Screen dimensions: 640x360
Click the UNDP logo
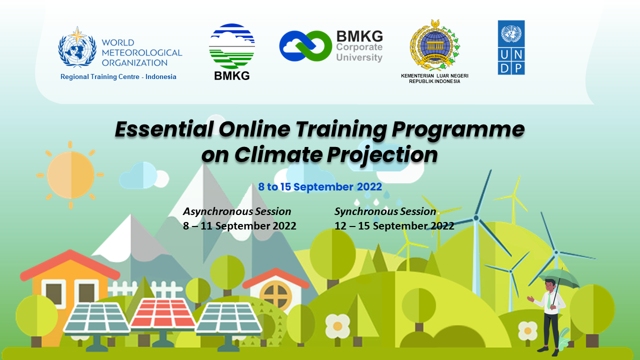511,47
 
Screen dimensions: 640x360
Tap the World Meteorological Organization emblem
77,47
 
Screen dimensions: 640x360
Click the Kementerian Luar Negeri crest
434,45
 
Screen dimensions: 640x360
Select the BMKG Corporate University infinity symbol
305,46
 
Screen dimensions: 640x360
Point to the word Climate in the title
278,154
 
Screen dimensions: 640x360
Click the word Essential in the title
164,129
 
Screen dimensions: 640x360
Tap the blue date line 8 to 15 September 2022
320,186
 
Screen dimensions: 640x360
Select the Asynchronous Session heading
237,211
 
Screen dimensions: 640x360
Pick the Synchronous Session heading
385,211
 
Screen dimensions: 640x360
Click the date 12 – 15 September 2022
394,225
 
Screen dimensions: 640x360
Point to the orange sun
70,175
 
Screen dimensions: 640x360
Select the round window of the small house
275,295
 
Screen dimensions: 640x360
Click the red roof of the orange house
70,265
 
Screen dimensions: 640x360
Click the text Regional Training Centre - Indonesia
118,76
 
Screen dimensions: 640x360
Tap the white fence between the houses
145,289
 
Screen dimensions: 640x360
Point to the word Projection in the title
382,155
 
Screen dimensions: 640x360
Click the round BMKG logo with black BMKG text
231,52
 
